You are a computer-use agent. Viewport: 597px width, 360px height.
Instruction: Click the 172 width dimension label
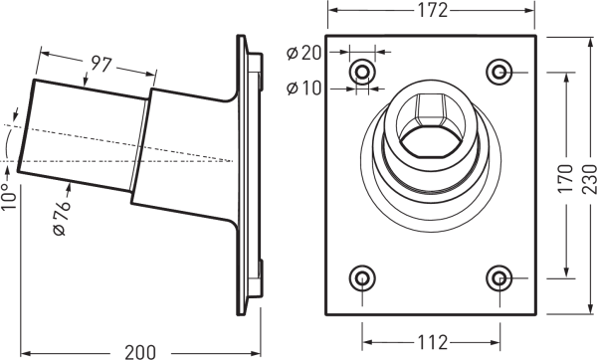click(x=433, y=10)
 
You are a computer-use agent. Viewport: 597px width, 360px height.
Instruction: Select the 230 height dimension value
click(x=589, y=178)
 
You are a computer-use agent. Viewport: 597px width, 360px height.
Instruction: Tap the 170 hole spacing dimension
click(x=566, y=178)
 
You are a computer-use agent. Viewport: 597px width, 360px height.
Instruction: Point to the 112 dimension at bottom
click(x=432, y=342)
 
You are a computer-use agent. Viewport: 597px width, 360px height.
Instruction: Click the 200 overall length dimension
click(x=140, y=352)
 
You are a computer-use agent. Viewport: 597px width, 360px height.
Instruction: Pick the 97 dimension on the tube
click(x=100, y=64)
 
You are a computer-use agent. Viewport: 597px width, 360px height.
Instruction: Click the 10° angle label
click(x=9, y=196)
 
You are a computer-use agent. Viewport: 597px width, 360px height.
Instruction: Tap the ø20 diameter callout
click(x=304, y=54)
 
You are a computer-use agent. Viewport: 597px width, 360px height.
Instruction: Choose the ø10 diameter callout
click(x=304, y=89)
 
